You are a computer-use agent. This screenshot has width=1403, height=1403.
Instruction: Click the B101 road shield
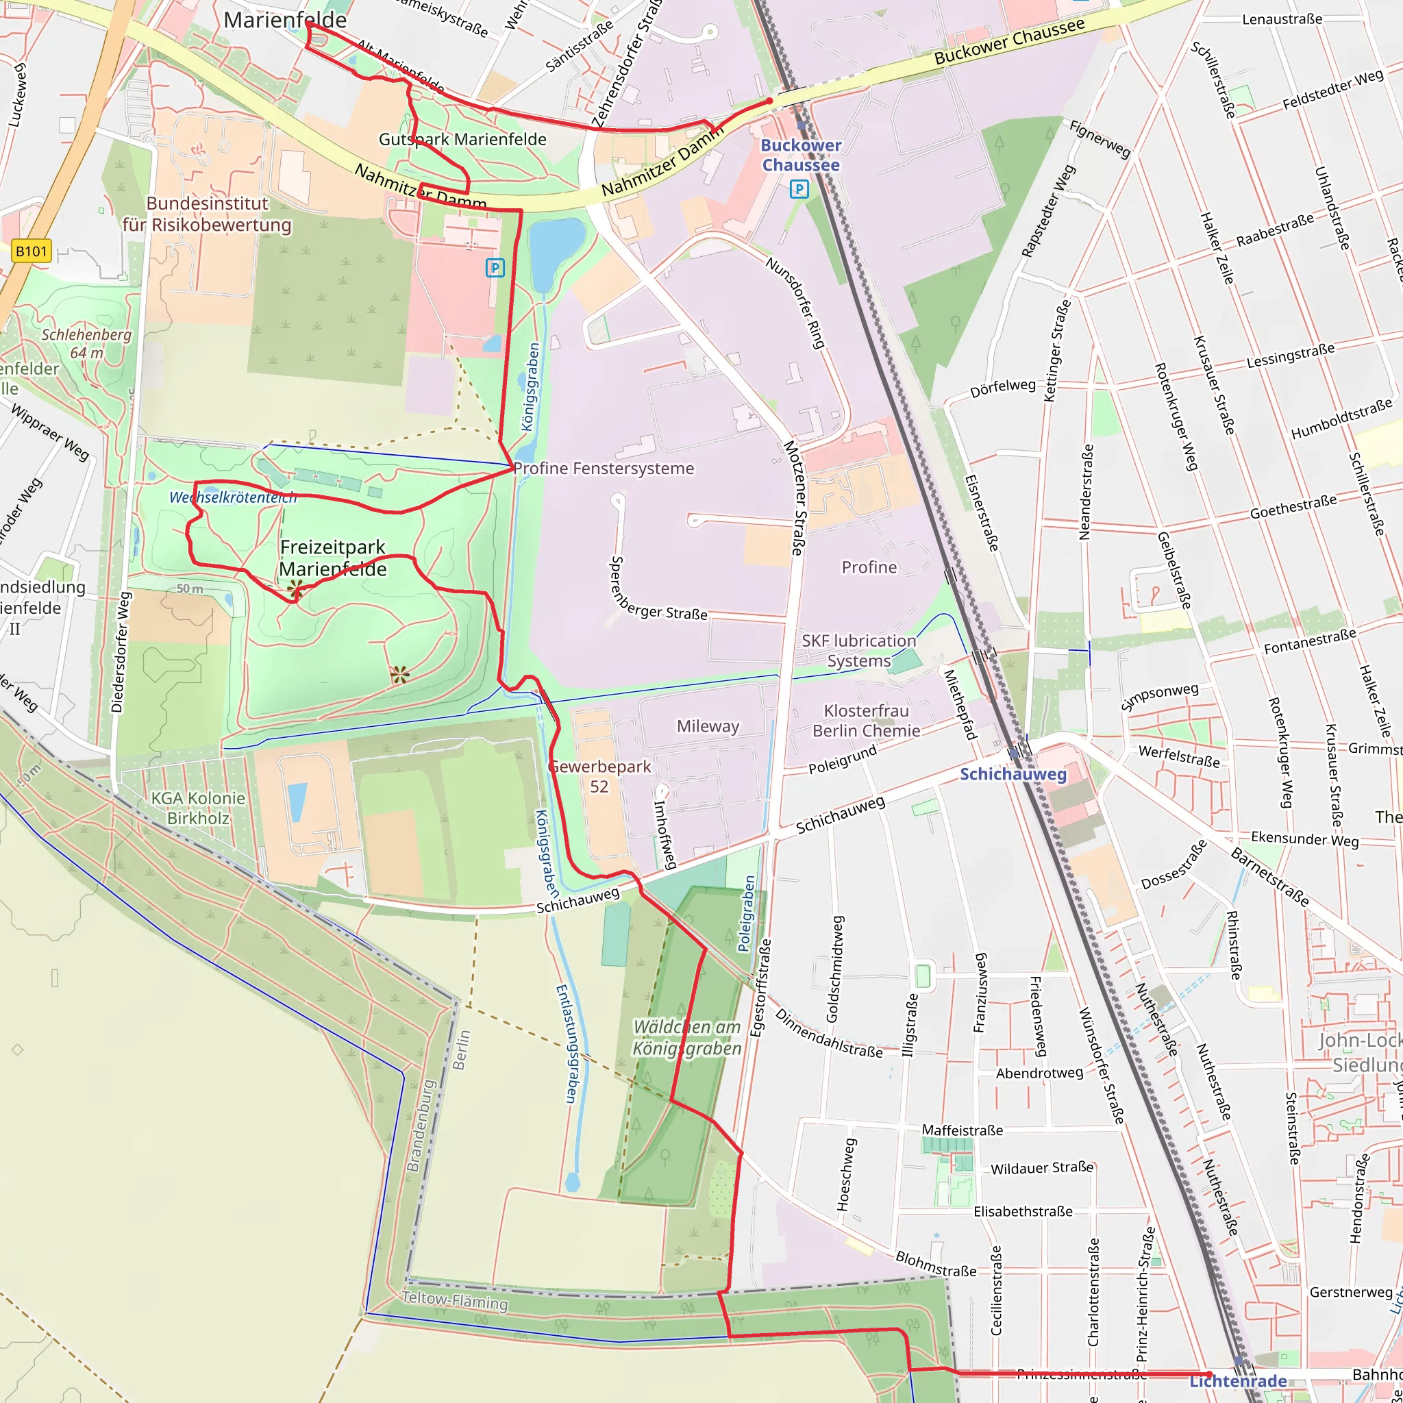(32, 251)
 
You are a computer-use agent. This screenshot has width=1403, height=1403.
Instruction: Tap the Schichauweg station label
(1013, 774)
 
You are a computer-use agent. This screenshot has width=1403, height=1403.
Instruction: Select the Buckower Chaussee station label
(800, 156)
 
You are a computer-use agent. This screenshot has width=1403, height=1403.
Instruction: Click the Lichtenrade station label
(1237, 1380)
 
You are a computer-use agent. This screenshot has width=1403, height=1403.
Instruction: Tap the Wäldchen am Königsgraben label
(687, 1038)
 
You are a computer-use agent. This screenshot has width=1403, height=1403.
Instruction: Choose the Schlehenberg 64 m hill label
(86, 343)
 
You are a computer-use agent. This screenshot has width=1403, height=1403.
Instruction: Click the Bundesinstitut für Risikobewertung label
(207, 214)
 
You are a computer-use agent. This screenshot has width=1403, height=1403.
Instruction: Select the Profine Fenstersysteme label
(604, 469)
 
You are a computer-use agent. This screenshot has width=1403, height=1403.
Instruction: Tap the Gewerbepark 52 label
(600, 776)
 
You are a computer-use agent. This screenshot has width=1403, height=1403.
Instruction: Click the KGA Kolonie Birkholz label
(198, 808)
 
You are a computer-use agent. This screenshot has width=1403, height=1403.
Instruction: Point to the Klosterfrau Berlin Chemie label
(867, 721)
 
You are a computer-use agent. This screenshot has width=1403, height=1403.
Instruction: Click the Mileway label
(708, 726)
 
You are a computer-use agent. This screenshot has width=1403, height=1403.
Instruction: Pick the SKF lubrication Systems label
(859, 651)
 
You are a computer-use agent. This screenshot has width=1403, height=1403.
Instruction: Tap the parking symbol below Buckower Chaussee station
(799, 190)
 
